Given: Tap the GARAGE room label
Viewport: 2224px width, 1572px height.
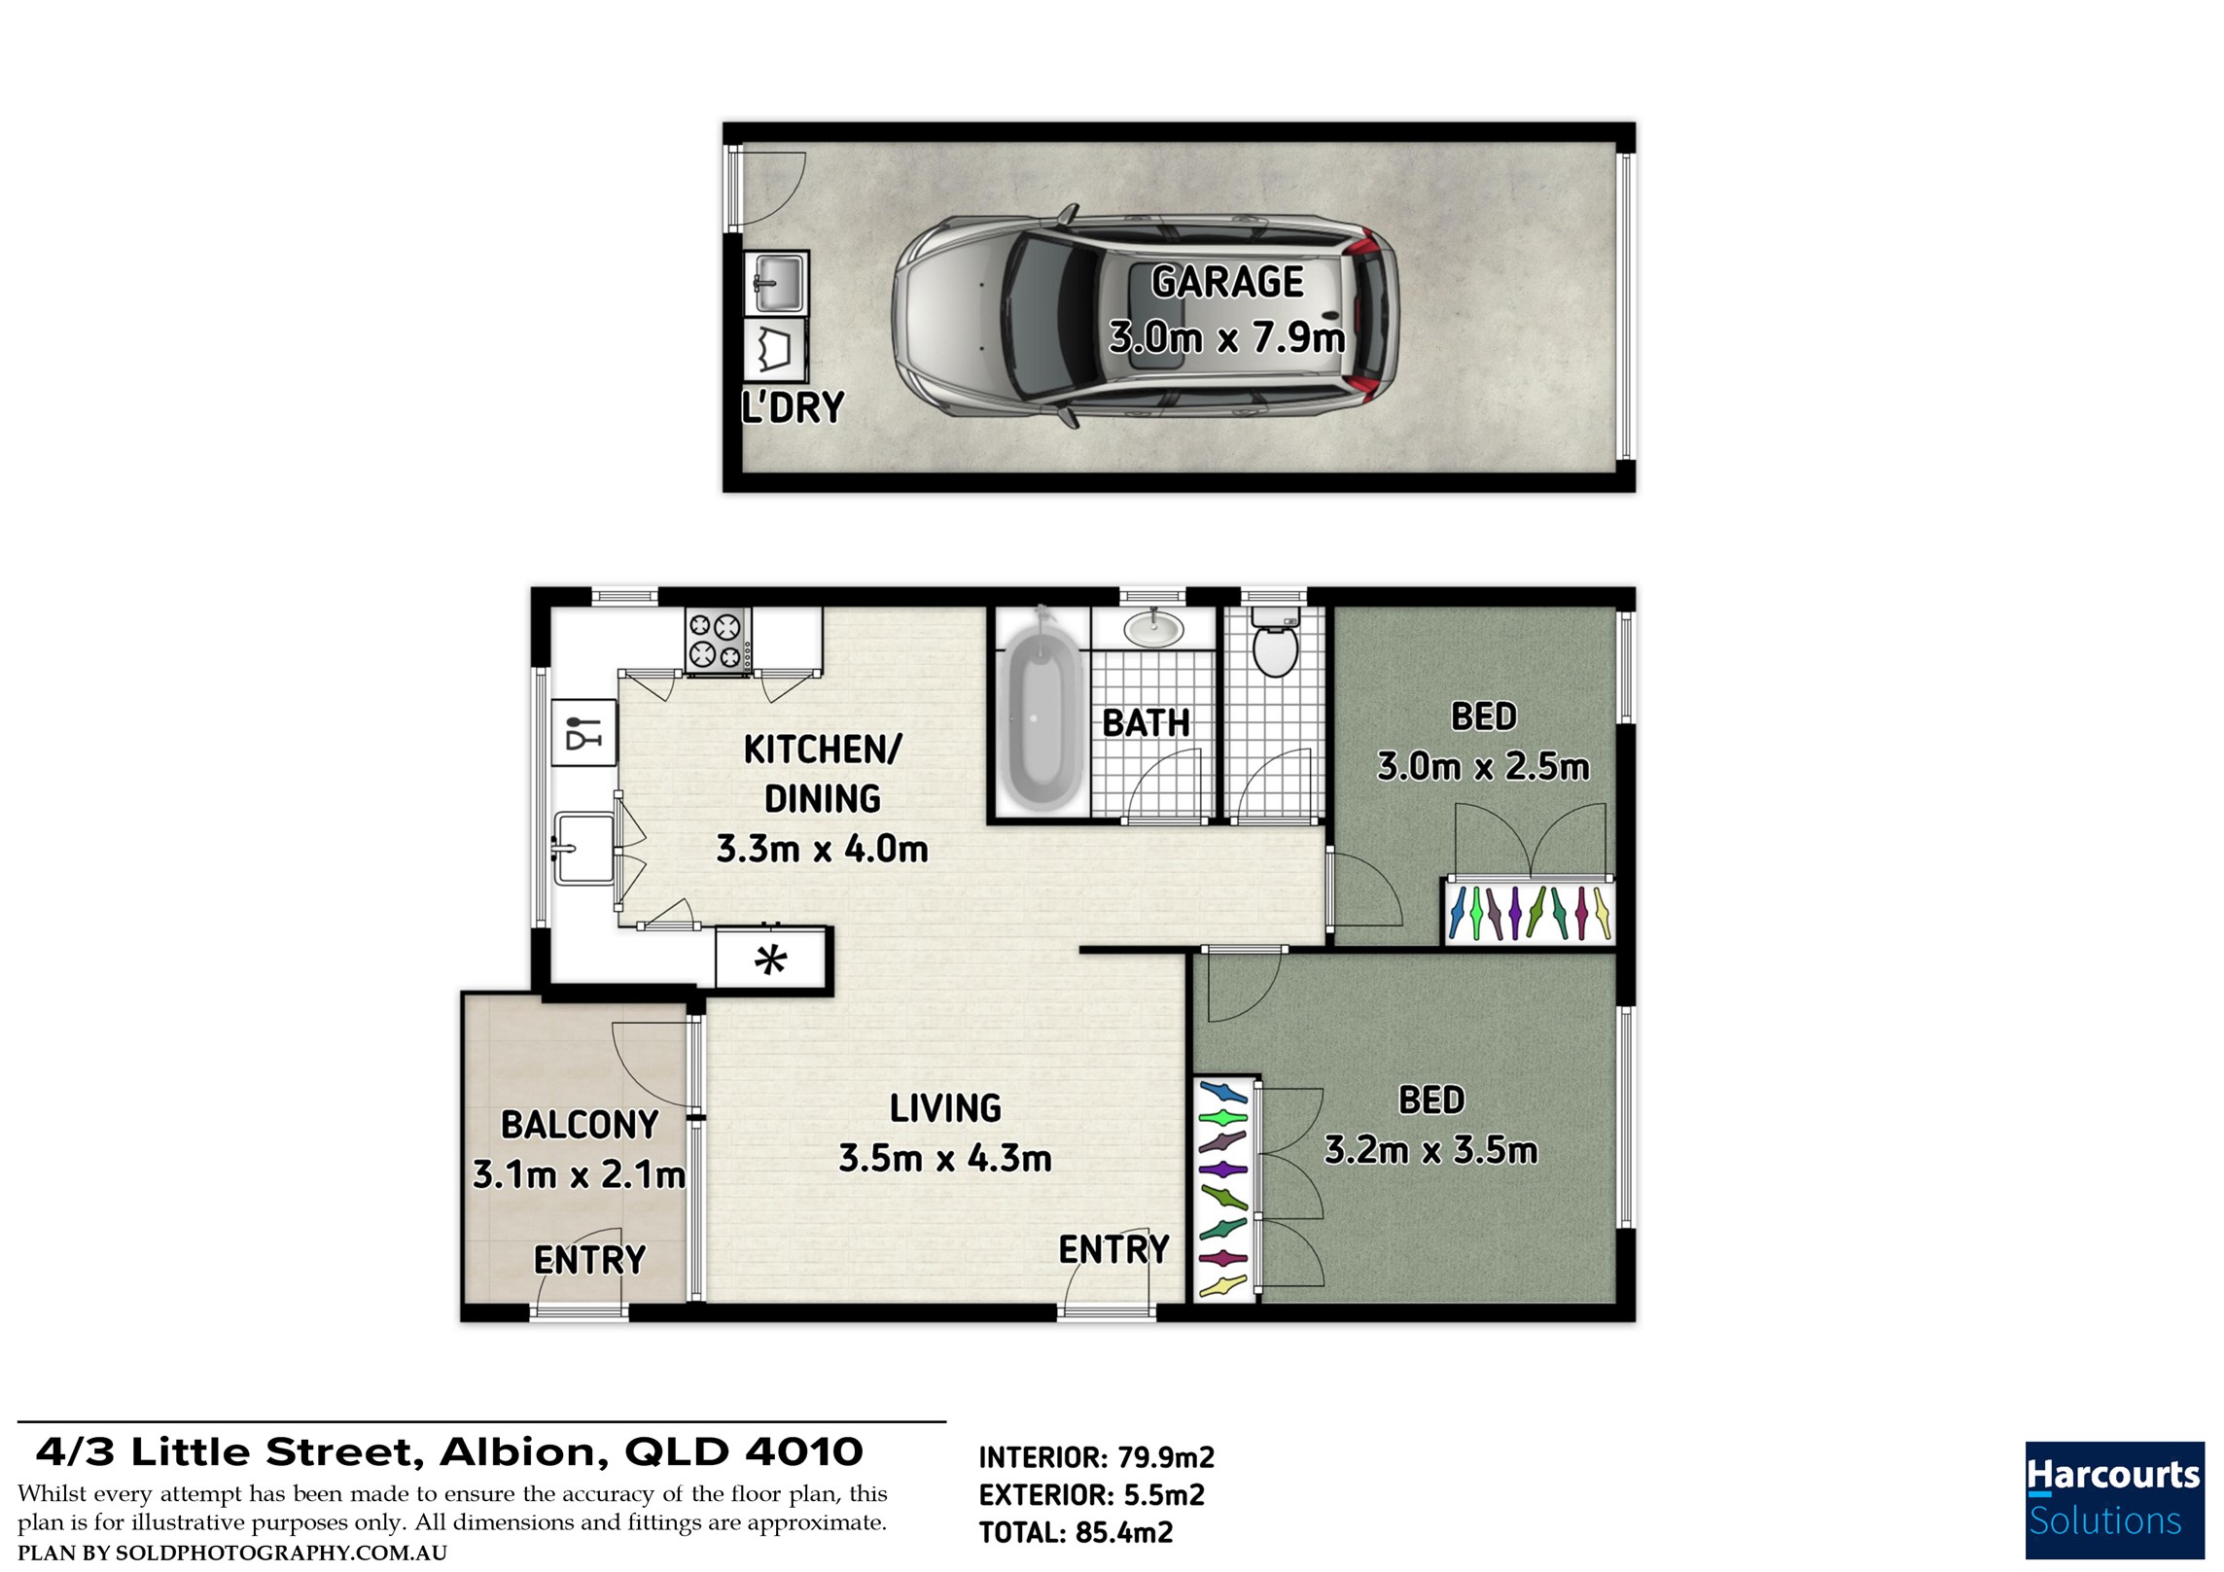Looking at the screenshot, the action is [x=1227, y=282].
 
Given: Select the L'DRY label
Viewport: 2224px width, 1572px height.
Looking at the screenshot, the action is [x=793, y=406].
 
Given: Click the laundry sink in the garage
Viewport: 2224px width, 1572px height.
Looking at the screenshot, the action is [x=776, y=283].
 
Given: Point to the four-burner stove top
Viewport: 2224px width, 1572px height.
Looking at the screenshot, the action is [x=718, y=640].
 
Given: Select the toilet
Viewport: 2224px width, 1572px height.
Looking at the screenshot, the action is [x=1275, y=642].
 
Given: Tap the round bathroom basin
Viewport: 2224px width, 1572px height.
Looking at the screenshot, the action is [x=1154, y=628].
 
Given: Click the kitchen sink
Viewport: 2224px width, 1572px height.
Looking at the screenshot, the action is [x=582, y=849].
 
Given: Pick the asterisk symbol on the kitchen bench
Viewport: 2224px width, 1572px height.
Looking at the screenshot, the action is [x=771, y=961].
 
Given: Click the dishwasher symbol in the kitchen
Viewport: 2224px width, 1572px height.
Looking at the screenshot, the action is [x=584, y=731].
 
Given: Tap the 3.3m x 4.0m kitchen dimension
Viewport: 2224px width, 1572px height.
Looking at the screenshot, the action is [x=822, y=849].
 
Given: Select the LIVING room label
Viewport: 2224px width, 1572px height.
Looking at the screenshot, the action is [x=945, y=1108].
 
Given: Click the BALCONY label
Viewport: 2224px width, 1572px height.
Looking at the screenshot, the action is [x=580, y=1125].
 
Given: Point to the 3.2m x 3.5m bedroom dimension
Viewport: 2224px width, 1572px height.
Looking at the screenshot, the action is [x=1430, y=1151].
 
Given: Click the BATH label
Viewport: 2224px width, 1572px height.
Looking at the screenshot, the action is [x=1147, y=723].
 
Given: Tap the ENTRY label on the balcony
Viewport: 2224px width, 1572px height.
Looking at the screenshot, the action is [x=589, y=1261].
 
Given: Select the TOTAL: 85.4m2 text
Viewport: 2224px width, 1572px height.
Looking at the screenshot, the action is [x=1076, y=1533].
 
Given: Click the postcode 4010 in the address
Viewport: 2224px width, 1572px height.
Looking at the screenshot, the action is [x=804, y=1452].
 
